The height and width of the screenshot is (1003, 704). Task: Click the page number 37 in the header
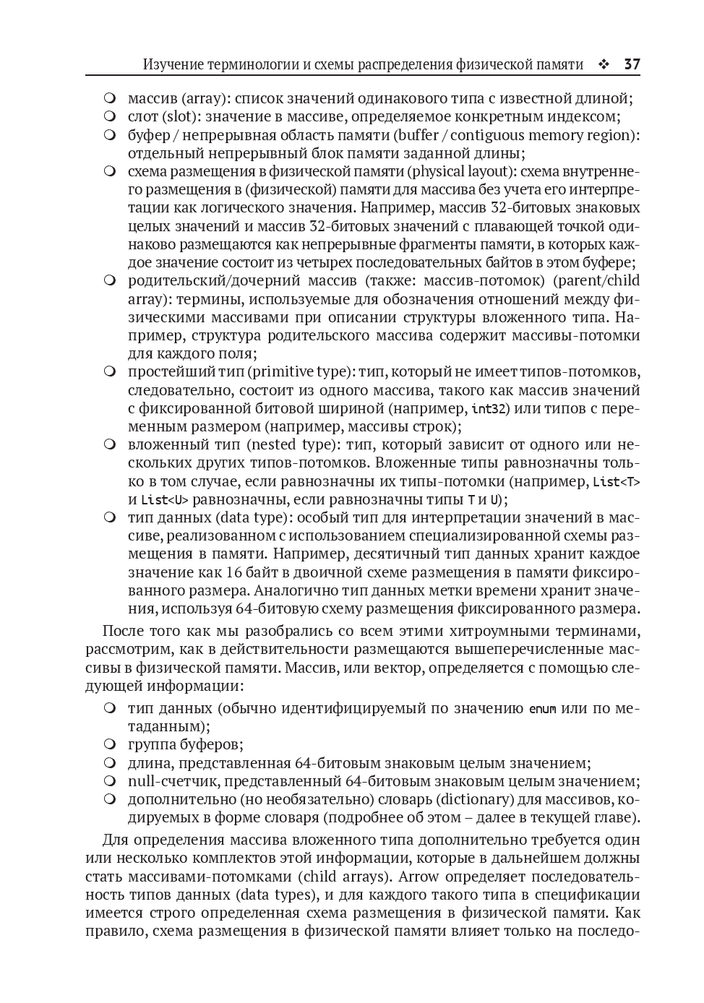tap(632, 65)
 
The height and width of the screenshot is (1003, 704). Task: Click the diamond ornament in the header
tap(604, 65)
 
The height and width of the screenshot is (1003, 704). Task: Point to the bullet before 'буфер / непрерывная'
tap(110, 135)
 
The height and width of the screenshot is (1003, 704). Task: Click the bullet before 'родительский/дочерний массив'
tap(110, 280)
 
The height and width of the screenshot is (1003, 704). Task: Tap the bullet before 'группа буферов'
tap(110, 744)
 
